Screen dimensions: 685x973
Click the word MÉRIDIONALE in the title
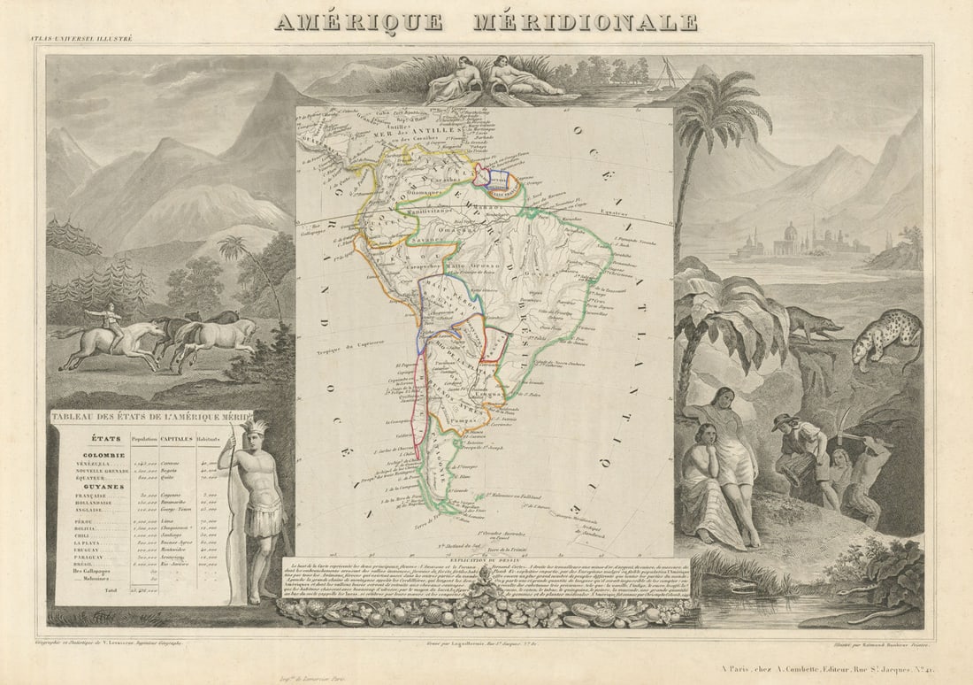pos(585,22)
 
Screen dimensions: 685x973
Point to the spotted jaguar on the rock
pos(887,335)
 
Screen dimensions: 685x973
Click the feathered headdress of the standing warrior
pos(254,428)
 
